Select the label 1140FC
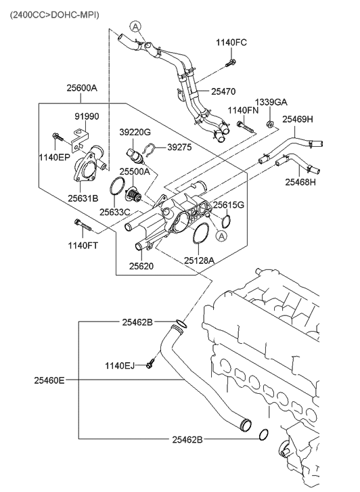point(231,43)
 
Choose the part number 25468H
point(300,181)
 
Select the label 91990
point(86,116)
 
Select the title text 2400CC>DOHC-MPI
point(53,12)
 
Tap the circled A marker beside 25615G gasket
point(221,236)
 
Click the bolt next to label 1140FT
point(78,224)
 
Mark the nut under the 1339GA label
point(270,123)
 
